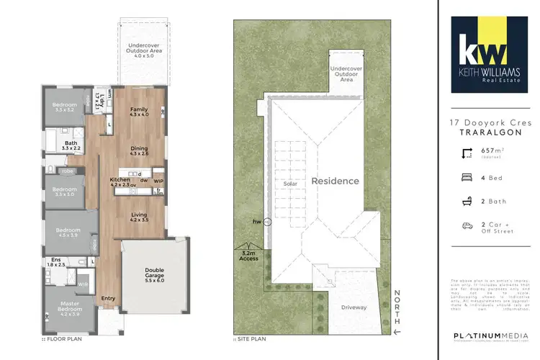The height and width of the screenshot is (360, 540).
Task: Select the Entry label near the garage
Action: [108, 299]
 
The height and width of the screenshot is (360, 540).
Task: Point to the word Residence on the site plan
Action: [335, 181]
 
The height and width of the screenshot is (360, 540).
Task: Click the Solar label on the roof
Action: [290, 184]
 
